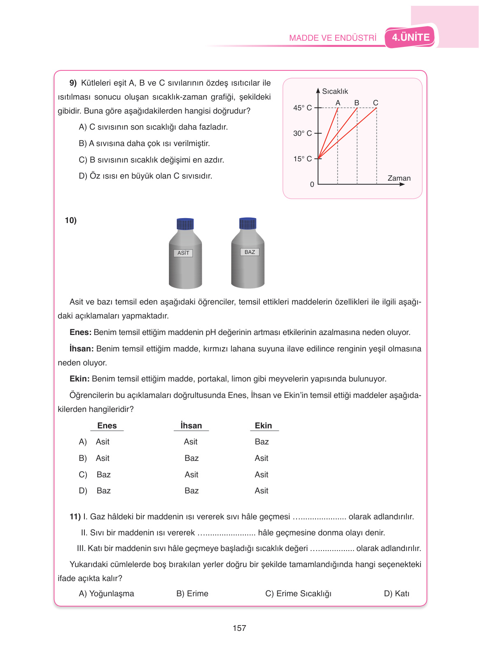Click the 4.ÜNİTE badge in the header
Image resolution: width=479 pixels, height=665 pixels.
410,37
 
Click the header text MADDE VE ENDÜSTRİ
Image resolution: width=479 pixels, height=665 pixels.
332,38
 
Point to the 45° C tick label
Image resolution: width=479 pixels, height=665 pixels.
302,108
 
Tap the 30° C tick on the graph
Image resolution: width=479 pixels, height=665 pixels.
302,133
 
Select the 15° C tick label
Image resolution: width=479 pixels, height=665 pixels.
302,159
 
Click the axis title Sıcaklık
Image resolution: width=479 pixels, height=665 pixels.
335,91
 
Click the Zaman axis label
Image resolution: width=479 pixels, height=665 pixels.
399,178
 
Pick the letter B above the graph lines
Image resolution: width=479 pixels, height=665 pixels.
357,102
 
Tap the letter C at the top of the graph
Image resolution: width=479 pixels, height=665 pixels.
376,102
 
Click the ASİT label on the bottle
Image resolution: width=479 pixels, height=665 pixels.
183,253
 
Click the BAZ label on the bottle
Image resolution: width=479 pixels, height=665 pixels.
250,252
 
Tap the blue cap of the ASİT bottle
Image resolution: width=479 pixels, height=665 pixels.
185,224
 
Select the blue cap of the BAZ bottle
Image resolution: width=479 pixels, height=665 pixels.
248,223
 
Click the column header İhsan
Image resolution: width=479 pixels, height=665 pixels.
191,426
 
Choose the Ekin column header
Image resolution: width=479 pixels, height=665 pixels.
263,426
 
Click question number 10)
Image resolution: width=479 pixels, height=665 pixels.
71,221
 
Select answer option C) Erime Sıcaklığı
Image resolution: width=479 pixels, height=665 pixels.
298,593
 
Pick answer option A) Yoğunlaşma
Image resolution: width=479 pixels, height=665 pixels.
106,593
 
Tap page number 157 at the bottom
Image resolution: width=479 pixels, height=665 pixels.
239,628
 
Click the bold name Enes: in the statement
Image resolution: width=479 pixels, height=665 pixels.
80,332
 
